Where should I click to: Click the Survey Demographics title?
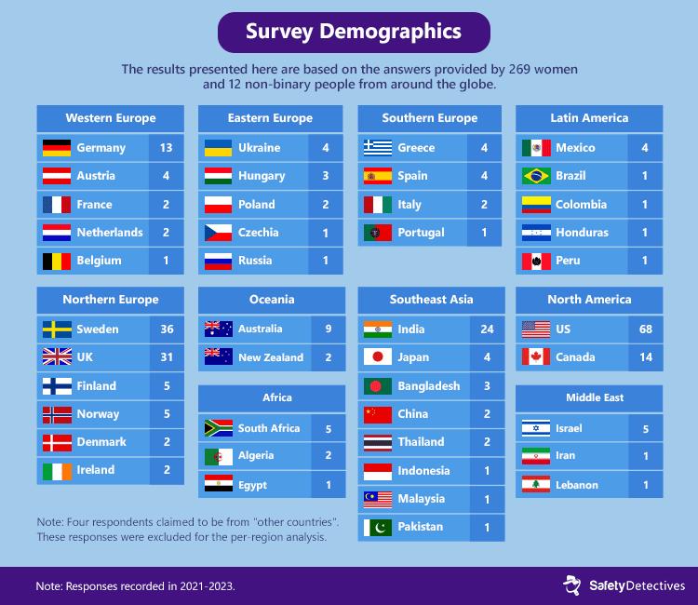(353, 32)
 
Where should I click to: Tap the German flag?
(56, 148)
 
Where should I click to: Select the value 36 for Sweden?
(167, 329)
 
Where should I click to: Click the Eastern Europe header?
(270, 118)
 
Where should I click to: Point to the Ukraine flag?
(218, 148)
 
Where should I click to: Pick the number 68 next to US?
(645, 329)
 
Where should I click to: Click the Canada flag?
(536, 357)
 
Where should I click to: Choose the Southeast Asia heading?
(431, 300)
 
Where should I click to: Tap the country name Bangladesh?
(428, 386)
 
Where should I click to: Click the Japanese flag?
(377, 357)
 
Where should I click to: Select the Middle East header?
(589, 397)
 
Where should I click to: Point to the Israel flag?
(536, 428)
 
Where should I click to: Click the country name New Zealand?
(270, 357)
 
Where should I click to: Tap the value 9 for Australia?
(327, 329)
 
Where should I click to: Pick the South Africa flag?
(218, 428)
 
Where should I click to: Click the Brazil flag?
(536, 176)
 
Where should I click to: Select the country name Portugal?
(421, 233)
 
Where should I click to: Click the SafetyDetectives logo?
(624, 585)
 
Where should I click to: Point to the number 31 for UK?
(167, 357)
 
